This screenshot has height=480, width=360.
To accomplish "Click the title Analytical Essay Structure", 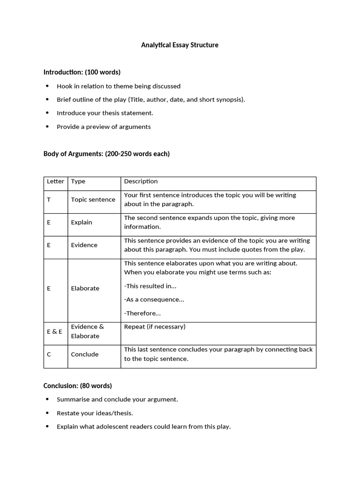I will click(x=180, y=45).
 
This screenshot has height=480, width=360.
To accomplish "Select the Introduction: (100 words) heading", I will click(x=82, y=72).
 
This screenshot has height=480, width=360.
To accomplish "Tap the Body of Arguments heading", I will click(x=106, y=154).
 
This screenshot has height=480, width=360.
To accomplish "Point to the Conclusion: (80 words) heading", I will click(x=78, y=386).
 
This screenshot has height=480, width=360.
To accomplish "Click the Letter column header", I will click(x=55, y=181).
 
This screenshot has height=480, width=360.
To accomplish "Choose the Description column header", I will click(x=141, y=181).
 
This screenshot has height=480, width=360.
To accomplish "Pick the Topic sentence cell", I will click(x=93, y=200).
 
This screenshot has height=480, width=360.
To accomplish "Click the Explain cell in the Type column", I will click(x=82, y=222).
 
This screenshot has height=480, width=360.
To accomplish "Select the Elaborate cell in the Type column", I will click(x=85, y=288).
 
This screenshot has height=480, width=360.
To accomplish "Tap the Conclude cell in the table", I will click(x=84, y=354).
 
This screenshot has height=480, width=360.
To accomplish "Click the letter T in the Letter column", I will click(x=49, y=200).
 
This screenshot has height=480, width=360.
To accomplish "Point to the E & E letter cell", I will click(x=54, y=331).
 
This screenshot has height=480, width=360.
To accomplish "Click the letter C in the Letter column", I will click(x=49, y=354).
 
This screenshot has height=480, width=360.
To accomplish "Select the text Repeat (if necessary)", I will click(x=155, y=327).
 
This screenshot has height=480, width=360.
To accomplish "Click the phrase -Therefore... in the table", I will click(x=142, y=313).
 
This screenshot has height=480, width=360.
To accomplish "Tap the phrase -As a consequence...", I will click(x=154, y=300).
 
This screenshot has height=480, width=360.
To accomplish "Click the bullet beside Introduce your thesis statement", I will click(x=47, y=113).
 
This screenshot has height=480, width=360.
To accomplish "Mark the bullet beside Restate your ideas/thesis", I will click(x=47, y=413).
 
